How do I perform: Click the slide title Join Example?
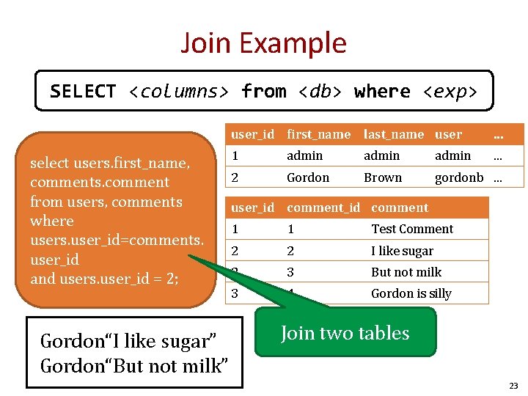point(263,43)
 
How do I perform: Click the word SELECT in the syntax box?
point(83,92)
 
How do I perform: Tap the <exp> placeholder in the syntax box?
point(450,92)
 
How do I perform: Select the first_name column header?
point(318,134)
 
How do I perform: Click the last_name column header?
point(394,134)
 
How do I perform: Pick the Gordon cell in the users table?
point(308,177)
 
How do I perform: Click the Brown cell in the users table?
point(383,177)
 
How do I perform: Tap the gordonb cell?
point(459,177)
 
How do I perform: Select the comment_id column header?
point(323,208)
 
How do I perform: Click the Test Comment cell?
point(412,229)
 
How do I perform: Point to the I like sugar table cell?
point(402,251)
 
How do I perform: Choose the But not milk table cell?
point(406,272)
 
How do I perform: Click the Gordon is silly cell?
point(411,293)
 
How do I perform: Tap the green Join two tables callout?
point(345,333)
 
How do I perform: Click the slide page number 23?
point(513,386)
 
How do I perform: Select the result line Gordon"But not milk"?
point(134,365)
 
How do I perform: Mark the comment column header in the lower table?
point(400,208)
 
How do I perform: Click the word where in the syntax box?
point(382,92)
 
